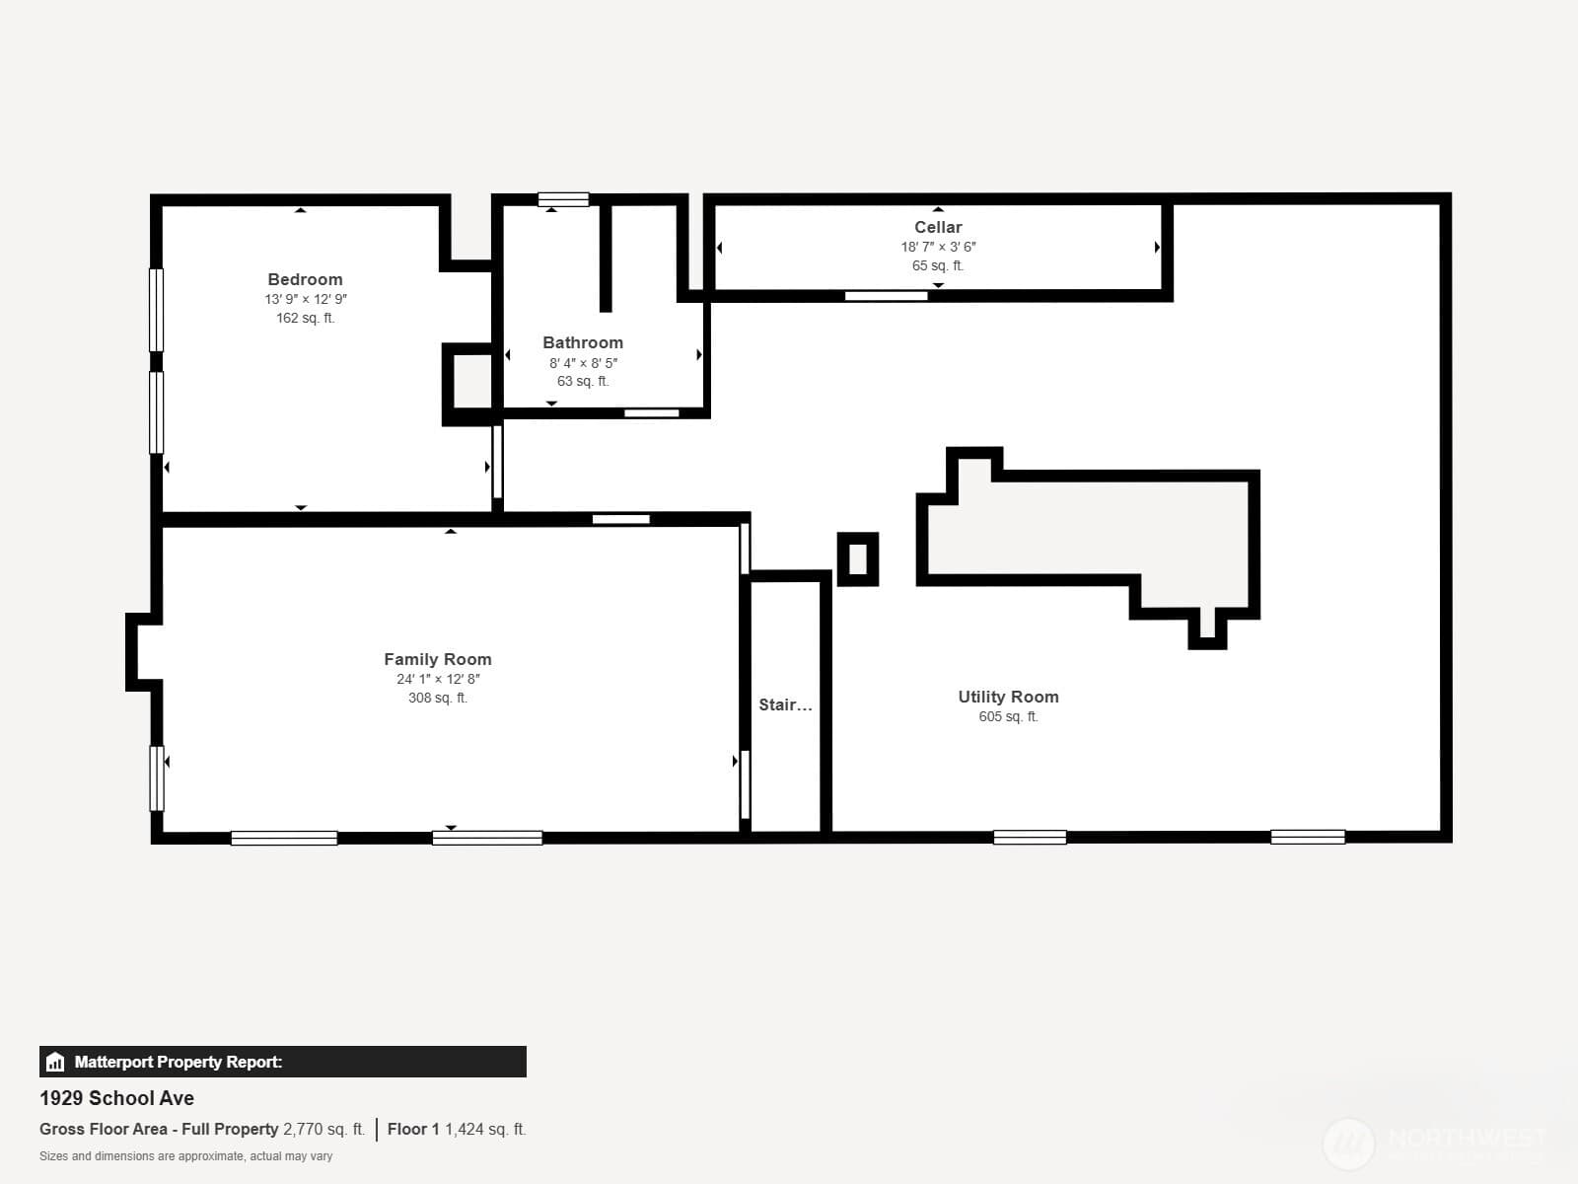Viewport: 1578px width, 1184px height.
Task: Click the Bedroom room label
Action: click(x=305, y=279)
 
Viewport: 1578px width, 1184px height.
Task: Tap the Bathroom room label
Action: click(x=582, y=343)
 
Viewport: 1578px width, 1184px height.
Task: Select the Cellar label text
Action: click(x=938, y=227)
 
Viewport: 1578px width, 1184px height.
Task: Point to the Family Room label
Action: click(x=437, y=659)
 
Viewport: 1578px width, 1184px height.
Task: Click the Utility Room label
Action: click(x=1008, y=697)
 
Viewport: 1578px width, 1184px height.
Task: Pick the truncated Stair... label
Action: click(x=785, y=704)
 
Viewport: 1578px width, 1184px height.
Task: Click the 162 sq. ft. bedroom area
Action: click(x=305, y=318)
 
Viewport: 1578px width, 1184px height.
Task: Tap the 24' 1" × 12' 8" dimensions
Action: click(x=438, y=679)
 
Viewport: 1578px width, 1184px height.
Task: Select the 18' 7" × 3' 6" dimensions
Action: click(x=938, y=247)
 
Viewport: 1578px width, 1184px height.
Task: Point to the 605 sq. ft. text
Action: click(x=1008, y=716)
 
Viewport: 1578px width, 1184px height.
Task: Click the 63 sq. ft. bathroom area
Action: click(x=582, y=381)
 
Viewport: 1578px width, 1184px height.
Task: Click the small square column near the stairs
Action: click(x=858, y=559)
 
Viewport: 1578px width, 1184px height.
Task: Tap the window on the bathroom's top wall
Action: click(x=563, y=199)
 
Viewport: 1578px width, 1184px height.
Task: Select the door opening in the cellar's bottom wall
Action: click(x=886, y=295)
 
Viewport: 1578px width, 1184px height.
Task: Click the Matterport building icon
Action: click(x=55, y=1062)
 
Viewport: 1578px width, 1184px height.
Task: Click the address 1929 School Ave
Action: click(x=116, y=1098)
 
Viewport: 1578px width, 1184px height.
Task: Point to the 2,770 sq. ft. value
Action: click(x=323, y=1130)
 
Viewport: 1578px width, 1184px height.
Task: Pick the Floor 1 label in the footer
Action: click(x=412, y=1130)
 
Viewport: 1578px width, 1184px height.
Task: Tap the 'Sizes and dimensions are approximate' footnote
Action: click(x=185, y=1156)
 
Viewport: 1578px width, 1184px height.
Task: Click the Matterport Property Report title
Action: click(x=179, y=1062)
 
